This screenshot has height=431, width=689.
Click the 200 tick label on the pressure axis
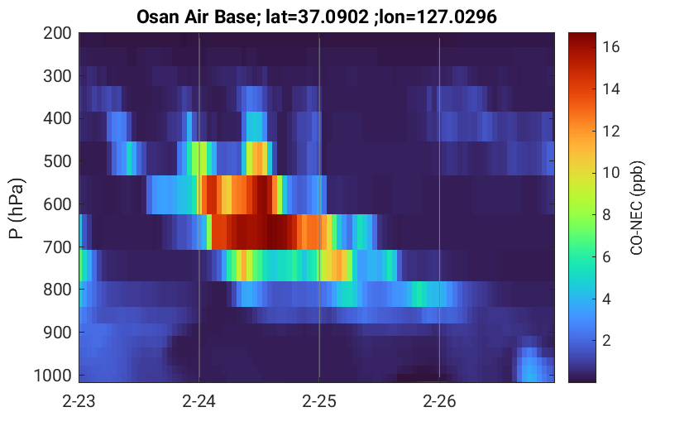click(57, 33)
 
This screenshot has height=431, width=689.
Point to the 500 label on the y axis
click(57, 161)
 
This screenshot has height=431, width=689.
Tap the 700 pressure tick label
click(57, 247)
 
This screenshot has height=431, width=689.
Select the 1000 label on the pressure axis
click(53, 376)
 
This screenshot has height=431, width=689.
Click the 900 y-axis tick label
click(57, 333)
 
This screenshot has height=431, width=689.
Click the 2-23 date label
click(79, 401)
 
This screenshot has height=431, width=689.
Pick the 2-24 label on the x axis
click(199, 401)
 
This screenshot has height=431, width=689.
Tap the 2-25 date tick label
click(319, 401)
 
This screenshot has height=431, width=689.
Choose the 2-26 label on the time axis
click(439, 401)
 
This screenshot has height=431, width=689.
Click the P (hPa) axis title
click(17, 208)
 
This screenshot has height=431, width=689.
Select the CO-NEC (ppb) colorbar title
click(637, 208)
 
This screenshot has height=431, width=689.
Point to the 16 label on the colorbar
click(610, 47)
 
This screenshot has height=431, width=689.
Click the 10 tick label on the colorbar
click(610, 173)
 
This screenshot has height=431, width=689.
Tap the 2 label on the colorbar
click(606, 340)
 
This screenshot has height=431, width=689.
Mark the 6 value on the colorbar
click(606, 256)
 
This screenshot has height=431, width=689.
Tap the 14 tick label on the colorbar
click(610, 89)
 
